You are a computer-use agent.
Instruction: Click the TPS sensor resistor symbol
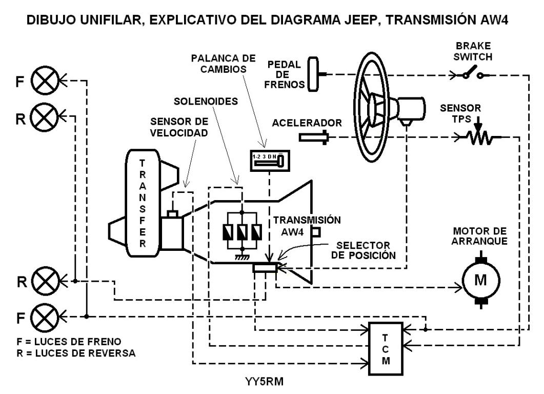pos(478,137)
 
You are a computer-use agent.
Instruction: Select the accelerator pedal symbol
pos(314,137)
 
